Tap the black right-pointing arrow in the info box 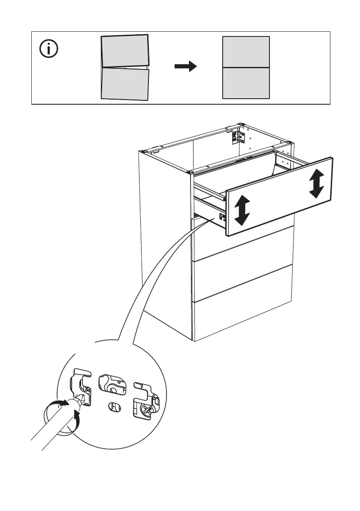pyautogui.click(x=185, y=67)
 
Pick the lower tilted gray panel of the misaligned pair pyautogui.click(x=125, y=84)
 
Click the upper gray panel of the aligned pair pyautogui.click(x=246, y=52)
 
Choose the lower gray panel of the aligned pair pyautogui.click(x=246, y=83)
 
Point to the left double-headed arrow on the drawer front pyautogui.click(x=242, y=210)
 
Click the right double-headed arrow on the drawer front pyautogui.click(x=316, y=184)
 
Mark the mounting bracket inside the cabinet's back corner pyautogui.click(x=238, y=136)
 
